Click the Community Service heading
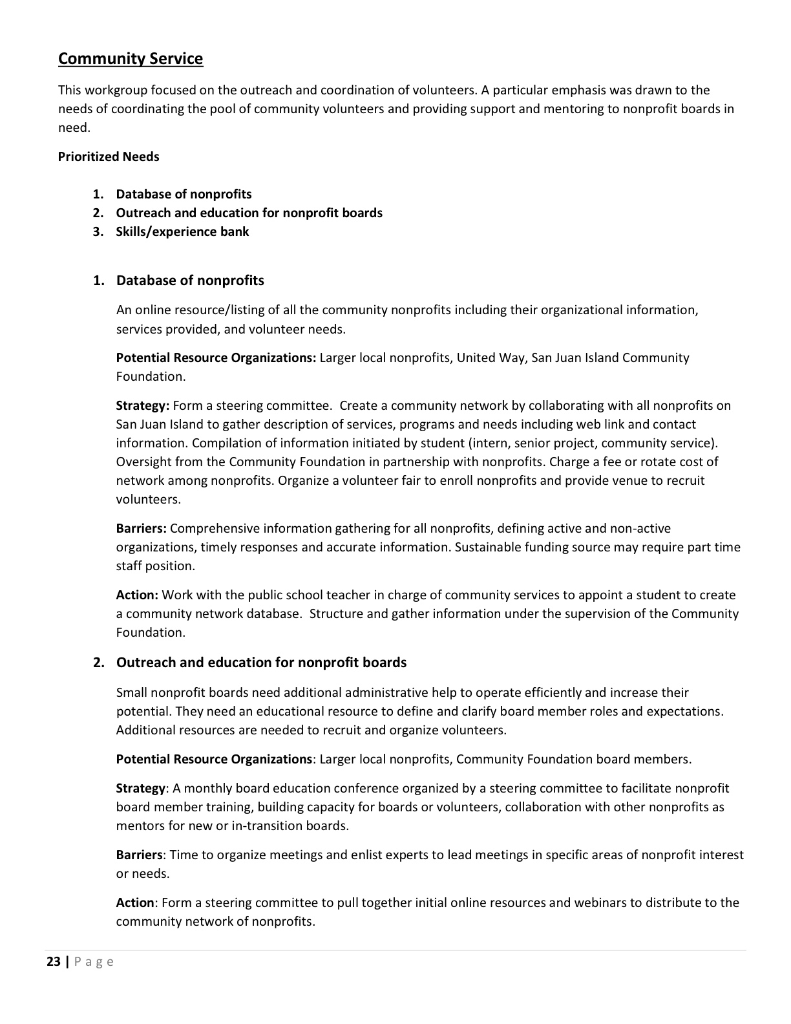[131, 59]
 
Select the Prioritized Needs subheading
[109, 156]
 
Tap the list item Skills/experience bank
[182, 231]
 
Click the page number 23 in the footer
[54, 961]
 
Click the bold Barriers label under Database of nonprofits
[141, 528]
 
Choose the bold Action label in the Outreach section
[135, 902]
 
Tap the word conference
[372, 788]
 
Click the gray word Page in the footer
[94, 961]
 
